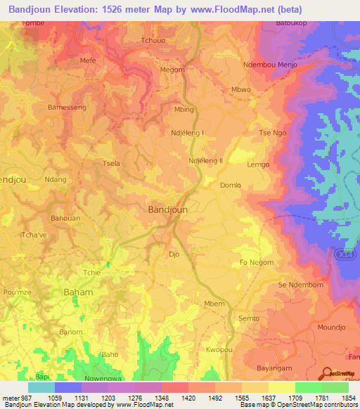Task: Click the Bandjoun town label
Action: coord(167,209)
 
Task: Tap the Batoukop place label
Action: coord(290,22)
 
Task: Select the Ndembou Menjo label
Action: coord(270,65)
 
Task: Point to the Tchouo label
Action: coord(153,40)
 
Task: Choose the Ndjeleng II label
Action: coord(205,160)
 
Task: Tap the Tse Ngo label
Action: coord(274,133)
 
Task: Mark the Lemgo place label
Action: coord(258,164)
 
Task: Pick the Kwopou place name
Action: coord(219,349)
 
